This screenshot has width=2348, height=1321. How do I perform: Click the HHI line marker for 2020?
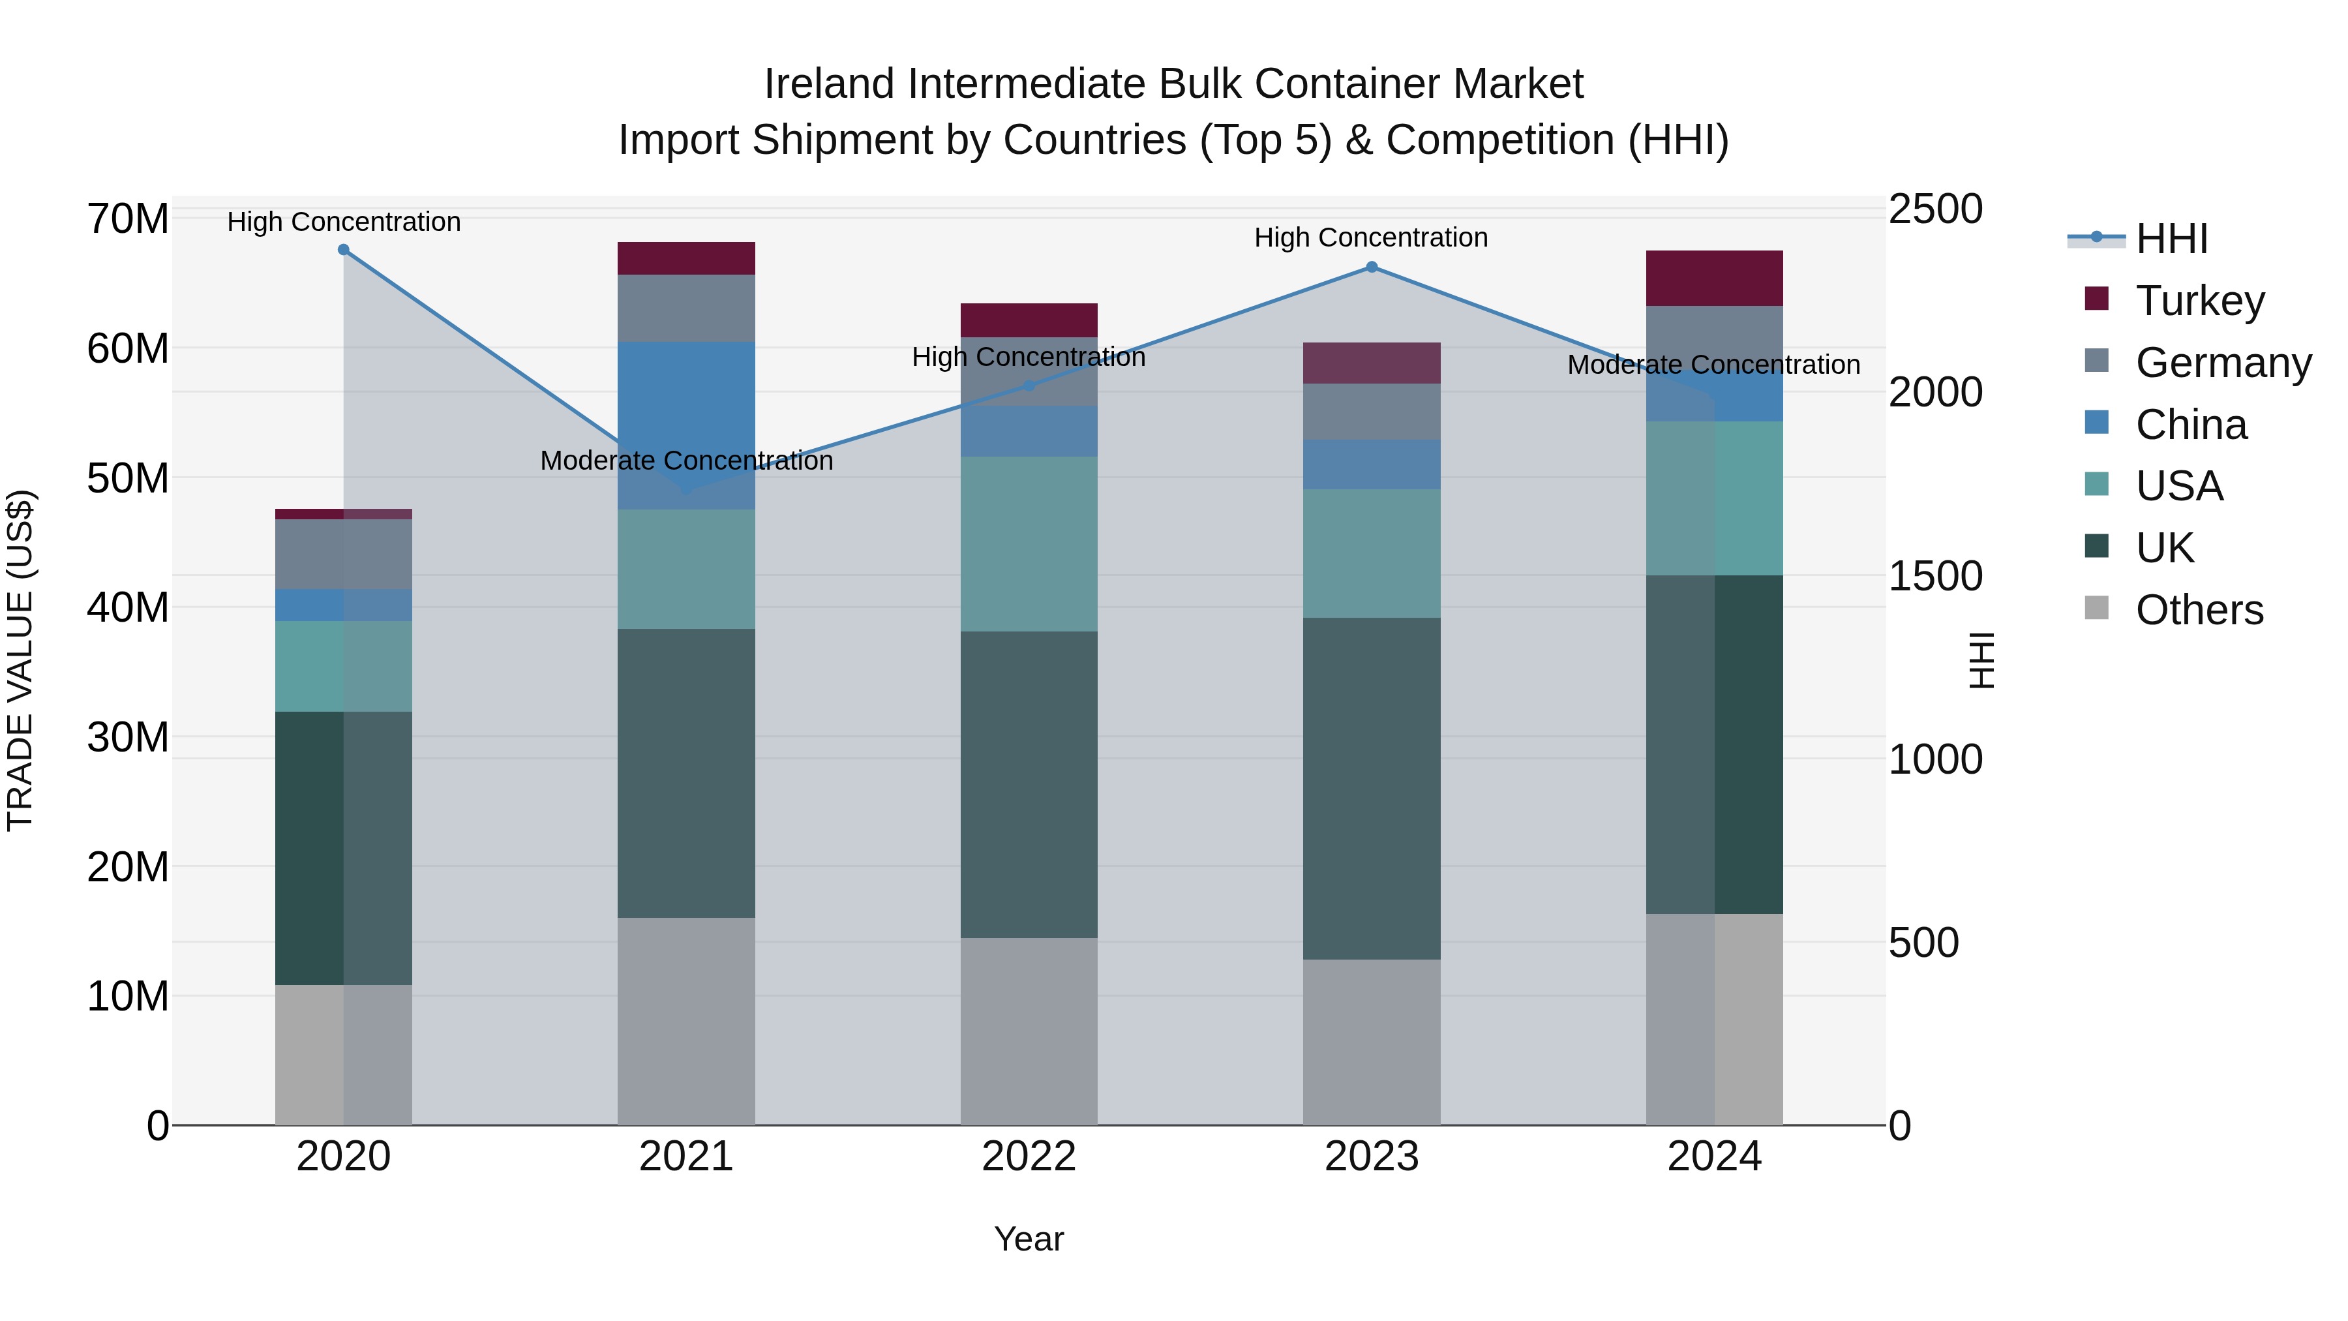coord(344,250)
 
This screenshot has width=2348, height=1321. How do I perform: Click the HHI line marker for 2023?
coord(1372,267)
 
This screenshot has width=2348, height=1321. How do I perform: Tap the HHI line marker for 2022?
coord(1029,386)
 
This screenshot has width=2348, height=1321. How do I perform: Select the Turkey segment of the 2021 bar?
coord(686,259)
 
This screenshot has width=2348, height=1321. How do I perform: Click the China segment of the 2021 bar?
coord(686,425)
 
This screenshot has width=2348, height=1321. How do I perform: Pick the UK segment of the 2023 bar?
coord(1372,789)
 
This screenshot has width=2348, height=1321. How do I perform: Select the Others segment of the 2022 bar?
coord(1029,1031)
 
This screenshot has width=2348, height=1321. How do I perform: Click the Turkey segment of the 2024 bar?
coord(1715,278)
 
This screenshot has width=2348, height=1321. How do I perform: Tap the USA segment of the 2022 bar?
coord(1029,544)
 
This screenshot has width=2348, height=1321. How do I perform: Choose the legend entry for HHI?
coord(2171,239)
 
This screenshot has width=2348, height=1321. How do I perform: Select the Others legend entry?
coord(2199,610)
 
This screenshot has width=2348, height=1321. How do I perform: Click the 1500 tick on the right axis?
coord(1934,576)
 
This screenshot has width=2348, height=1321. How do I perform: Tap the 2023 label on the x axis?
coord(1372,1157)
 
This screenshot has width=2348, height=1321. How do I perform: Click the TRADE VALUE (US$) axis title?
coord(20,660)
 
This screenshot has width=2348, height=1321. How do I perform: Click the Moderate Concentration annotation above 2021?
coord(686,461)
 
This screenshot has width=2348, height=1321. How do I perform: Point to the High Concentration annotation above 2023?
coord(1371,238)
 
